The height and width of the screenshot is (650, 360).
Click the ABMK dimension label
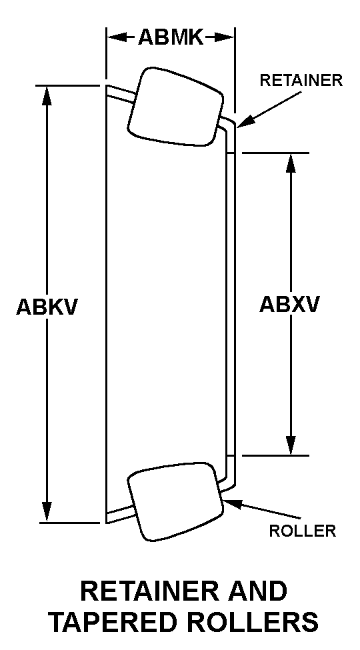pos(171,38)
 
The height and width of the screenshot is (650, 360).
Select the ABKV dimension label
pos(47,307)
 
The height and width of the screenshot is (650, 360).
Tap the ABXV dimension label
pos(290,305)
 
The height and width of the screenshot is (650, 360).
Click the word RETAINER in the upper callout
pos(301,81)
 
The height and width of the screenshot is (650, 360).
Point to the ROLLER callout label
pos(303,531)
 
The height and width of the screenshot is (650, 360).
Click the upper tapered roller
pos(175,107)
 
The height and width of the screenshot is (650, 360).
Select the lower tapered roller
pos(175,501)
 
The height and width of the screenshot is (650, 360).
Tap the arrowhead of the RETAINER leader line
pos(244,121)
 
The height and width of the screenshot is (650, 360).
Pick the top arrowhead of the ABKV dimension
pos(47,95)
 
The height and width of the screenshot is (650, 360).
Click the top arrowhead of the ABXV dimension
pos(291,163)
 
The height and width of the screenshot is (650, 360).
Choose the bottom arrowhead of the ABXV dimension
pos(291,445)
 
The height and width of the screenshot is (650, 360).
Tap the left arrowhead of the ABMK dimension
pos(117,38)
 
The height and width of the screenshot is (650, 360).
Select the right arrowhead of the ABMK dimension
pos(225,38)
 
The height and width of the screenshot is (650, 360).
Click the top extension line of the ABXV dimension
pos(275,153)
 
